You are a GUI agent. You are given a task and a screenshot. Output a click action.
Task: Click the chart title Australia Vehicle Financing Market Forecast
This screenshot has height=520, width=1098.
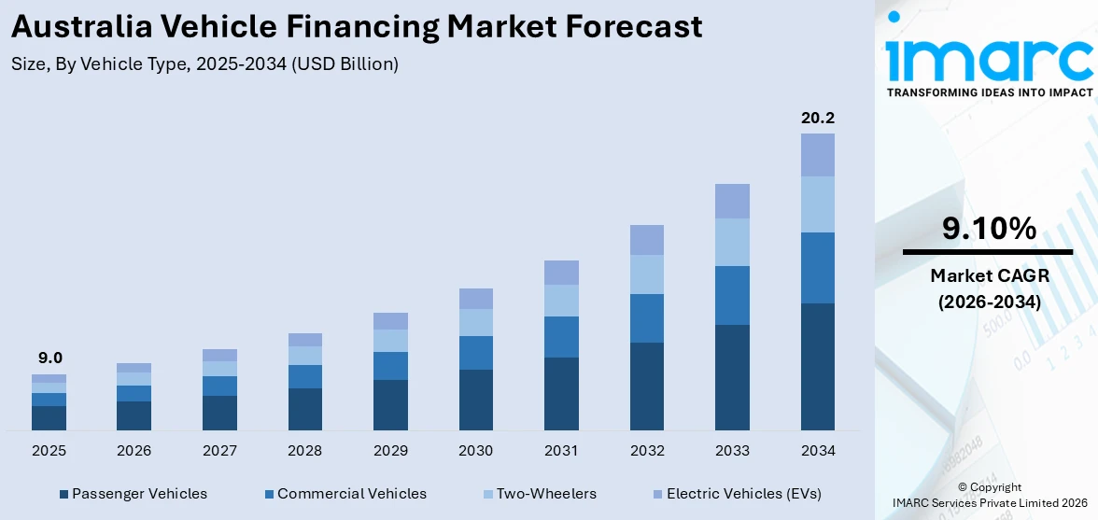356,27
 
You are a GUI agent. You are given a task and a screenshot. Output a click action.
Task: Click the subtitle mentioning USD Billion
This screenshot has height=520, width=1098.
205,64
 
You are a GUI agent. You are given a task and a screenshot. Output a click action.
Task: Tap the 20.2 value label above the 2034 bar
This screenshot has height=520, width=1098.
818,118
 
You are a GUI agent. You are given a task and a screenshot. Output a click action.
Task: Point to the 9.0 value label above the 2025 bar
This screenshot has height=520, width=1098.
49,358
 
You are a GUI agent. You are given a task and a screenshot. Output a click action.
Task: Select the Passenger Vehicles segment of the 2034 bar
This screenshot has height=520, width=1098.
818,366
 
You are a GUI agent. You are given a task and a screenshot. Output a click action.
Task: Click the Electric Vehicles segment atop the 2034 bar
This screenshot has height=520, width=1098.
818,154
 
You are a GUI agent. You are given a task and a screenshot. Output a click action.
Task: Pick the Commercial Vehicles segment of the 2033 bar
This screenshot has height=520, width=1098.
732,295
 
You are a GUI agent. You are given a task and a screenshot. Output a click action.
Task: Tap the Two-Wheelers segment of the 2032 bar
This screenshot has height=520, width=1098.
647,274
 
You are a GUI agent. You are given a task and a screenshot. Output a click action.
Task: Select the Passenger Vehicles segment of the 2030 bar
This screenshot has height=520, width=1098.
476,400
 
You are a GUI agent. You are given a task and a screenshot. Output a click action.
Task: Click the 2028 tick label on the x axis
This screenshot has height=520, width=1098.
305,451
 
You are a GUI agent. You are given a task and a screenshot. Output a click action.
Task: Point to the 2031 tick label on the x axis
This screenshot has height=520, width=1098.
561,451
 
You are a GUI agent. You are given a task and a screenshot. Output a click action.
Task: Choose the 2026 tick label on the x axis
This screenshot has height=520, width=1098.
134,451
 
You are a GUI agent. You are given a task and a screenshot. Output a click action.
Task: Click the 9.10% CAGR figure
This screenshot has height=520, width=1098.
988,228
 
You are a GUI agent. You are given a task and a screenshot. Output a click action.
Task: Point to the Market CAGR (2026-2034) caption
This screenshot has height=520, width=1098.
988,288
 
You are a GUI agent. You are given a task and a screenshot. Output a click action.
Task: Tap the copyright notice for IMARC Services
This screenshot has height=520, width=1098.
989,495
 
